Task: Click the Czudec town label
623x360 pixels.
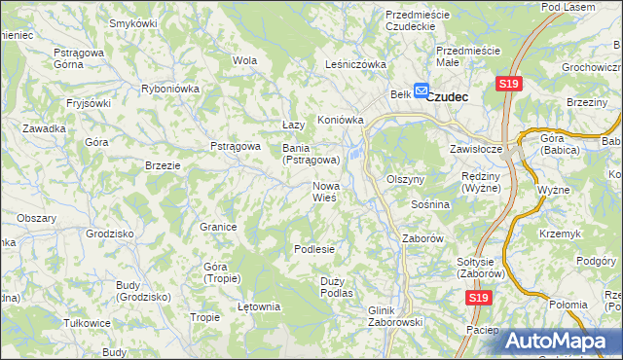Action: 449,96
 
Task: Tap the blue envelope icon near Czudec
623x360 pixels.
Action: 421,90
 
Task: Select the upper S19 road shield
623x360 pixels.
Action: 508,85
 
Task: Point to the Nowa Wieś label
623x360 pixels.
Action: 324,191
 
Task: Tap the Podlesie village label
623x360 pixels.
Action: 314,249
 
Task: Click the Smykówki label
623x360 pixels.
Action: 133,22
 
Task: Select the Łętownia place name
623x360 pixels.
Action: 259,306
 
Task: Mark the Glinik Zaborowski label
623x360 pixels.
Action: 393,316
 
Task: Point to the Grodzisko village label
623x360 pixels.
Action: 109,234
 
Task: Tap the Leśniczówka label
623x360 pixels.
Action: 355,64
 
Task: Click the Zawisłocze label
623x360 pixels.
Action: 475,150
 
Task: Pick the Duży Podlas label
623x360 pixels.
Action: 336,286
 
